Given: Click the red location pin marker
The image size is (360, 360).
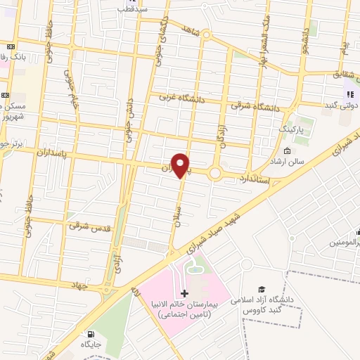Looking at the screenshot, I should point(181,165).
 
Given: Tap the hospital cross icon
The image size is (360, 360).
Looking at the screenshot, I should point(184,292).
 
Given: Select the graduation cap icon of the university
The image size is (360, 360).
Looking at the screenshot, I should point(262,290).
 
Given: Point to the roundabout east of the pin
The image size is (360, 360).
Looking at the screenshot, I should point(215,173).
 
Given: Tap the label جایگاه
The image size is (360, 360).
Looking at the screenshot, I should point(91,346).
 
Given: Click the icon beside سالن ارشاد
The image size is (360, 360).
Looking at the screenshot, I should point(287,150).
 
